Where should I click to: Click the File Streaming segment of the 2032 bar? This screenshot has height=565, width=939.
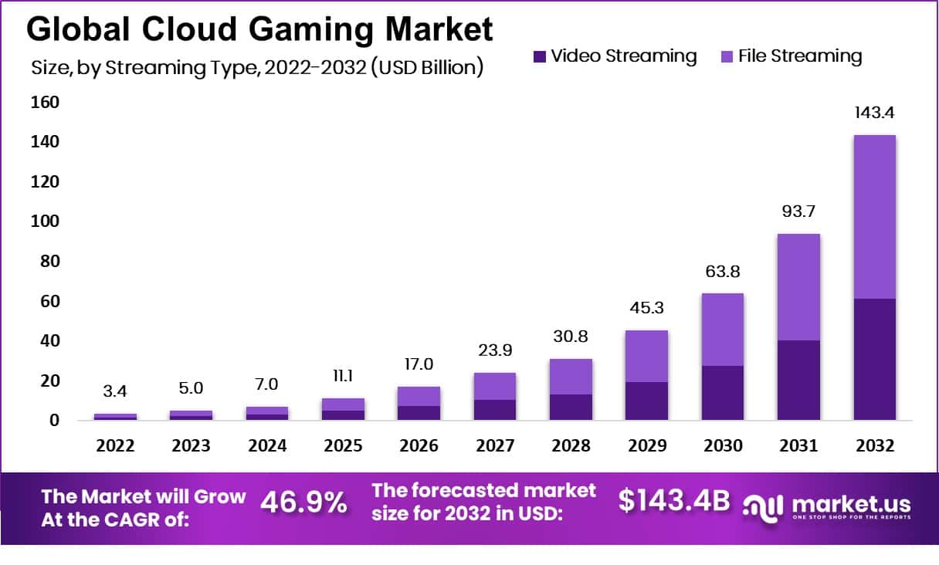pyautogui.click(x=874, y=217)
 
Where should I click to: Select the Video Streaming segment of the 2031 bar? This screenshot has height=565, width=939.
pyautogui.click(x=798, y=380)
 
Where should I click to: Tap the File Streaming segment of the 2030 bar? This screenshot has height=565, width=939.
pyautogui.click(x=723, y=330)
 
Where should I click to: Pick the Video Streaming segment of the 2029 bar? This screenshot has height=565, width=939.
pyautogui.click(x=647, y=401)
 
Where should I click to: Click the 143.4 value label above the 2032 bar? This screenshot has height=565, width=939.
pyautogui.click(x=874, y=113)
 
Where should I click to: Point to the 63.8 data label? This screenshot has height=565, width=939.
pyautogui.click(x=723, y=271)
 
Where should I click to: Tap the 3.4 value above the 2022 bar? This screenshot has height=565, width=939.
pyautogui.click(x=115, y=391)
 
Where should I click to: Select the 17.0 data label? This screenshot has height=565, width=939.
pyautogui.click(x=419, y=364)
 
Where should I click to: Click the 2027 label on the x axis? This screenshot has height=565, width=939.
pyautogui.click(x=495, y=445)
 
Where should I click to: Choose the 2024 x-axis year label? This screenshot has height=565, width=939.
pyautogui.click(x=267, y=445)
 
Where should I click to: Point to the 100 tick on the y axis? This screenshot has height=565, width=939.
pyautogui.click(x=45, y=221)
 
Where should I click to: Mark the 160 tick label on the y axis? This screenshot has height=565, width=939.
pyautogui.click(x=45, y=102)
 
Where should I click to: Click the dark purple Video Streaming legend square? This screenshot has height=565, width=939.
pyautogui.click(x=540, y=56)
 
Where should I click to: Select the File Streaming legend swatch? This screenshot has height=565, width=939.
pyautogui.click(x=727, y=56)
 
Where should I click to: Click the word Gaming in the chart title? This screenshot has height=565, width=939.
pyautogui.click(x=310, y=29)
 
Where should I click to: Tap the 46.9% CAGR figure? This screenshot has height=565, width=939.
pyautogui.click(x=304, y=502)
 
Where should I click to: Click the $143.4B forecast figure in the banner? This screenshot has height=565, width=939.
pyautogui.click(x=674, y=500)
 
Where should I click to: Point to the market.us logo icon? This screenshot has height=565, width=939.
pyautogui.click(x=762, y=509)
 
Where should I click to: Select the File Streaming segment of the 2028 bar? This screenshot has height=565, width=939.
pyautogui.click(x=571, y=377)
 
